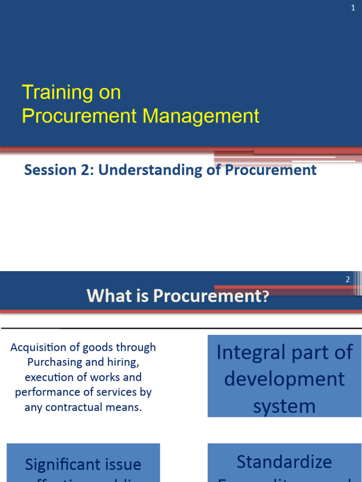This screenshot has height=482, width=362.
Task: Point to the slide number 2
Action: [348, 280]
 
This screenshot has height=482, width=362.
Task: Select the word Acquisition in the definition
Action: [38, 347]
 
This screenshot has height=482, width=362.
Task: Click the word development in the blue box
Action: [284, 379]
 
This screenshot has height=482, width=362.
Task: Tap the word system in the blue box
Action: [284, 406]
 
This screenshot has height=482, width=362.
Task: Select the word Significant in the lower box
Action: [60, 465]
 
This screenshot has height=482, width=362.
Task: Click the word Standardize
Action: [284, 462]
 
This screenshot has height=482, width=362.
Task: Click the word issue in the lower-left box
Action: [120, 465]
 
